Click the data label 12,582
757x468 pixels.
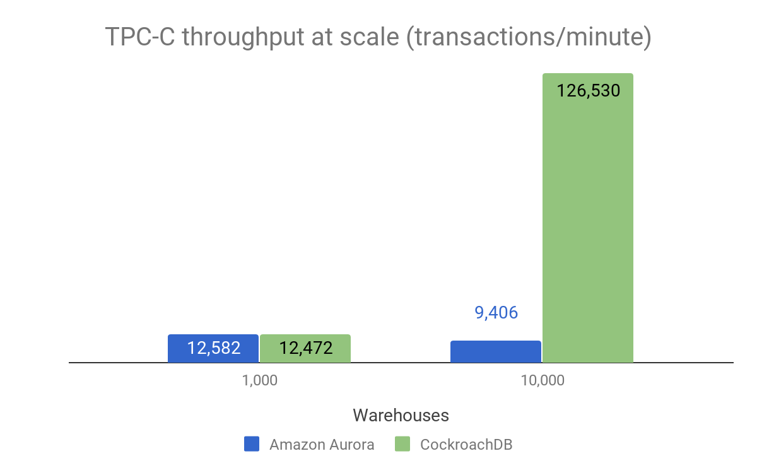[x=213, y=348]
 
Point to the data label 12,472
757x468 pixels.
[x=305, y=348]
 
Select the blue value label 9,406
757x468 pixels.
[x=496, y=313]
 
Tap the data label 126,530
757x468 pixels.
[x=588, y=91]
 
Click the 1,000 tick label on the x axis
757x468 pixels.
[x=259, y=381]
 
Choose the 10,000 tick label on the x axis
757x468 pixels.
[x=542, y=381]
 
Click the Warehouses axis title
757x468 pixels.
[x=401, y=415]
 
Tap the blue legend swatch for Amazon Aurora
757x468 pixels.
[x=252, y=444]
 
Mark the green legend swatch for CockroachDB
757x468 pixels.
[x=402, y=444]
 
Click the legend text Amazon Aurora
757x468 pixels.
[x=322, y=445]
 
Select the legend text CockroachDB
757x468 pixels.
[x=466, y=445]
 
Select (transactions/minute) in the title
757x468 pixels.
[x=529, y=38]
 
